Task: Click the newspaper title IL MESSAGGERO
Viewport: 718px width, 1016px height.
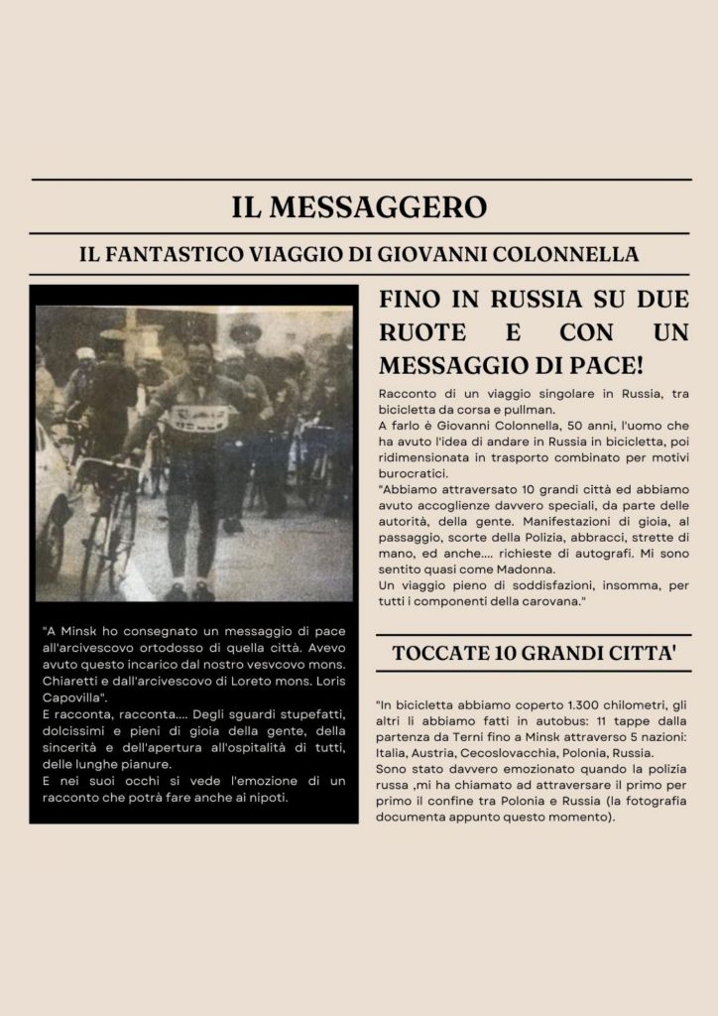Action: (359, 207)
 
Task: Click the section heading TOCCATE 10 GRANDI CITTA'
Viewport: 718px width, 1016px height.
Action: (535, 653)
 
